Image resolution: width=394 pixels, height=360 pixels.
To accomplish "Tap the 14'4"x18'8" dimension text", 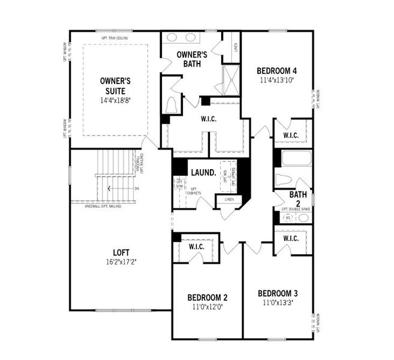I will [x=115, y=100].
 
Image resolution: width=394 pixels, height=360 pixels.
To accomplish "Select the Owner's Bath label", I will [x=191, y=59].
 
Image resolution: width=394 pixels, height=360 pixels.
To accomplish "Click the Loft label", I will [x=121, y=253].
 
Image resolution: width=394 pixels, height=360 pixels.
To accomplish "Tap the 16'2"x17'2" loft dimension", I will [x=121, y=262].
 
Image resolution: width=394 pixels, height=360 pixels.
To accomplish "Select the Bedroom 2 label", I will [x=207, y=298].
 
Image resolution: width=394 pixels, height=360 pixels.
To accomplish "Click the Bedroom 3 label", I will [x=278, y=293].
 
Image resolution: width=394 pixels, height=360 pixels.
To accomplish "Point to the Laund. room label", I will [x=203, y=172].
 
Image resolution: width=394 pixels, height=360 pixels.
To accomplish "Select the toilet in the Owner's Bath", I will [x=172, y=104].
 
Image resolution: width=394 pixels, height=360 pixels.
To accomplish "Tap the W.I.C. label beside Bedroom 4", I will [x=290, y=134].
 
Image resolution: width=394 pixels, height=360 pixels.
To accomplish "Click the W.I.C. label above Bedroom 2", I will [x=197, y=246].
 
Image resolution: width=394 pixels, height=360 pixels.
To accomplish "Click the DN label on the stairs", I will [x=136, y=188].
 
